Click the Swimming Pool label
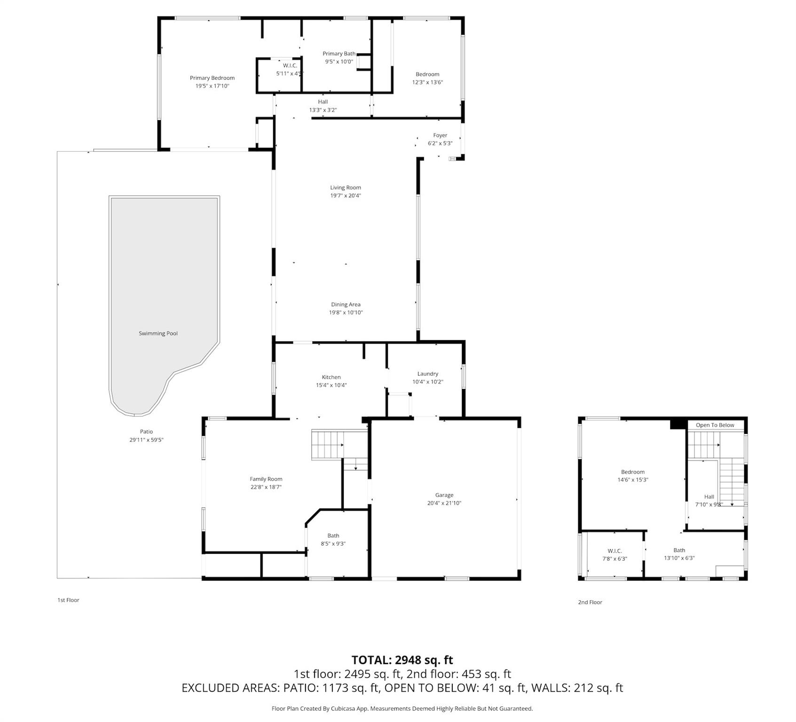tap(158, 333)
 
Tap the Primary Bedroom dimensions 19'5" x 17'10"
tap(212, 86)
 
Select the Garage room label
tap(444, 495)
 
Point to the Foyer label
tap(440, 135)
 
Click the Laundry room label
tap(427, 374)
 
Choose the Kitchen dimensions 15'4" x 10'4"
tap(331, 385)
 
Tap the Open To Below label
tap(715, 425)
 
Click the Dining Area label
tap(345, 304)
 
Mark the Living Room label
tap(345, 188)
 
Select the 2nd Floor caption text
tap(590, 602)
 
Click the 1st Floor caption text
tap(68, 600)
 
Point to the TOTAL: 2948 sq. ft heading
tap(402, 660)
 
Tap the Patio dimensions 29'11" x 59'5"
tap(146, 440)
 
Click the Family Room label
tap(266, 479)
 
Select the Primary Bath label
tap(339, 54)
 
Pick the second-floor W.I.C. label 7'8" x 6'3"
tap(615, 555)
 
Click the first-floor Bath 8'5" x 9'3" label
tap(333, 540)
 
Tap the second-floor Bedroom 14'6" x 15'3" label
tap(632, 476)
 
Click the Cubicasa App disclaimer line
tap(402, 708)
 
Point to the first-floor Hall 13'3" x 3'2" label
tap(323, 106)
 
